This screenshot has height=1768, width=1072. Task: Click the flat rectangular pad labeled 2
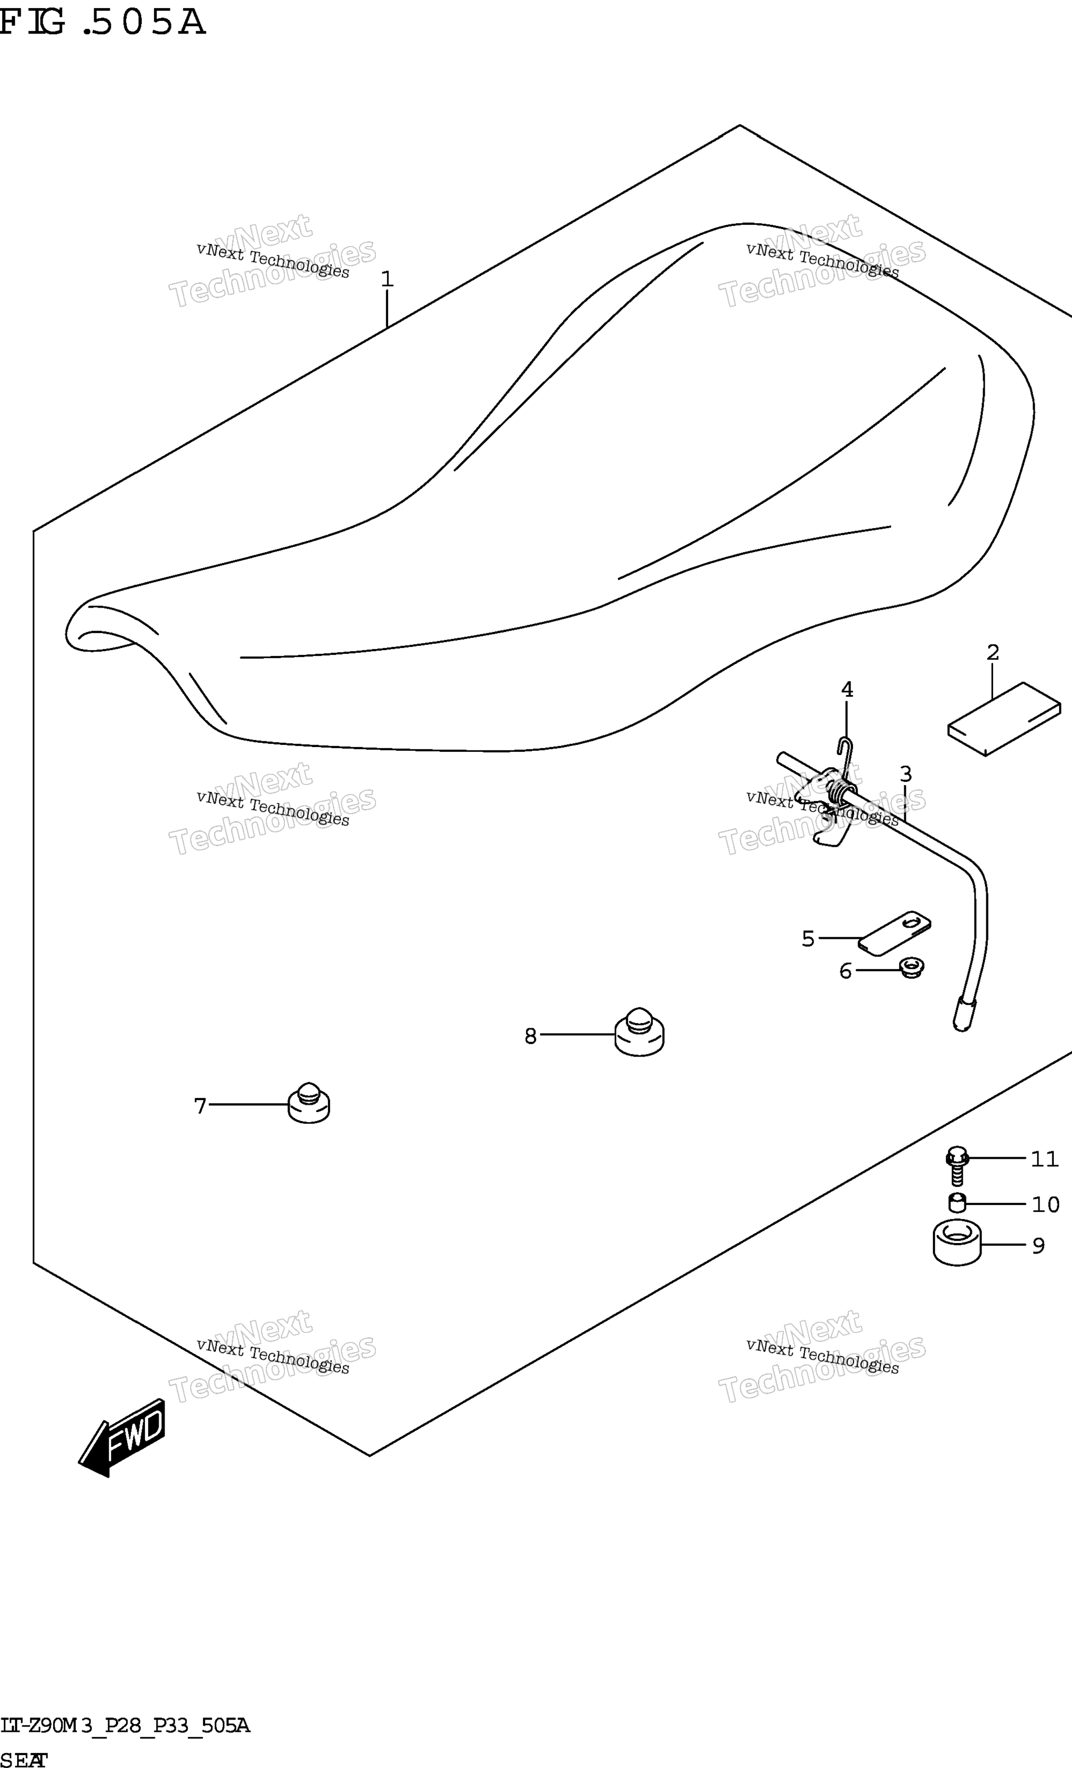1004,719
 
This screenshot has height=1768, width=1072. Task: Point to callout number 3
905,774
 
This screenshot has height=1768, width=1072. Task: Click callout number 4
847,690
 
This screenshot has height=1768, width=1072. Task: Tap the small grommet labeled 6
912,968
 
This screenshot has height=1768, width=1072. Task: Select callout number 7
200,1106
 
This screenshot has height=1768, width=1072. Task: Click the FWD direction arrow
121,1437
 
